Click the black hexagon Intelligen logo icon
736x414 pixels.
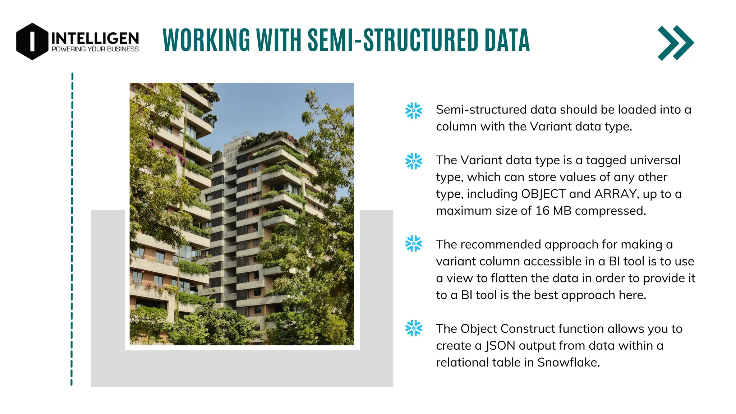(32, 41)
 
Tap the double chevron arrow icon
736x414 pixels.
(675, 43)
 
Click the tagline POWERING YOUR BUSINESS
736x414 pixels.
(95, 49)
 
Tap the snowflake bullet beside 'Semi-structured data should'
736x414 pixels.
(414, 111)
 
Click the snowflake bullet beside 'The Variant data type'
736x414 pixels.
(414, 161)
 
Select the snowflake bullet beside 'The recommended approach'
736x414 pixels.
(414, 244)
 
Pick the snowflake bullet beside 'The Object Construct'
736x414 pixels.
(414, 328)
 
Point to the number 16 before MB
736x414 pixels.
(542, 211)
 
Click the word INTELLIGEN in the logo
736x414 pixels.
(95, 38)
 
